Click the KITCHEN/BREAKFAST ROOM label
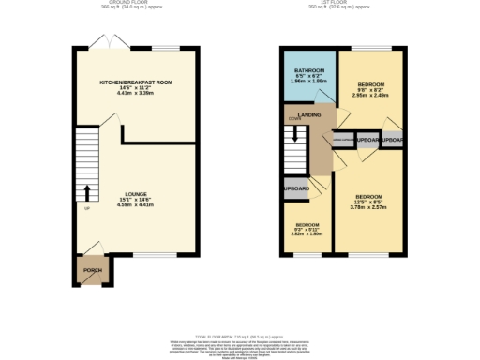(137, 82)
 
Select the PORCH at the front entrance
(92, 270)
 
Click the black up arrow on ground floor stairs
(87, 193)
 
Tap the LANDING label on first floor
(310, 114)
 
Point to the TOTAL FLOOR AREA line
(239, 334)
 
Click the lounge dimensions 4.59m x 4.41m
(137, 205)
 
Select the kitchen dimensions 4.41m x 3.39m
(137, 94)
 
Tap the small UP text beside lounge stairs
(87, 208)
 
